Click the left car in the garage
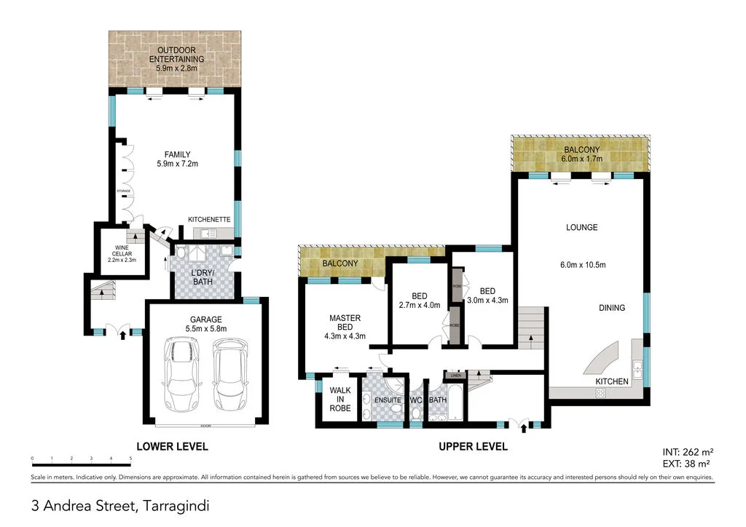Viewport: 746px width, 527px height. [x=182, y=376]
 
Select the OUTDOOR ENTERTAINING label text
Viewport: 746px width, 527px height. [x=176, y=58]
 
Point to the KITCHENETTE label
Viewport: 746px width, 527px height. [x=209, y=219]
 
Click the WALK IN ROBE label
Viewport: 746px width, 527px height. [x=340, y=399]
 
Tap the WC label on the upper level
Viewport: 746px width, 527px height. [x=416, y=400]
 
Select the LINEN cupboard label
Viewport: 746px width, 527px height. [x=456, y=375]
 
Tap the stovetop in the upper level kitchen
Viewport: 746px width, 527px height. [x=601, y=392]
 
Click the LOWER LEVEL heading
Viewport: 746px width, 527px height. [x=173, y=446]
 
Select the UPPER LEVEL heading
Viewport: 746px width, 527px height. [x=472, y=446]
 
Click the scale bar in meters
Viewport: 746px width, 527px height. [x=81, y=464]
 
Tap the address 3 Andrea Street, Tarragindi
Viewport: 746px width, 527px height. [x=120, y=504]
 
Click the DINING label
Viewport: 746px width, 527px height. [x=611, y=308]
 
